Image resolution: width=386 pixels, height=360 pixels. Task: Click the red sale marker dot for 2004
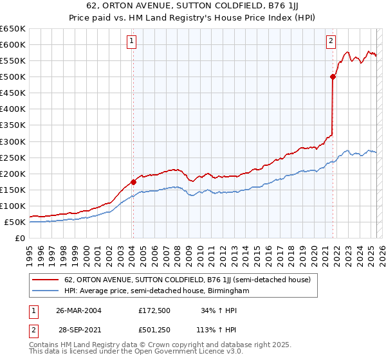[133, 182]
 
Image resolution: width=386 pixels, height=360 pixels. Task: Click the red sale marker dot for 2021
[333, 76]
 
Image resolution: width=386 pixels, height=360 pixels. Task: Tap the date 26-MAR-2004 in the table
[78, 310]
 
